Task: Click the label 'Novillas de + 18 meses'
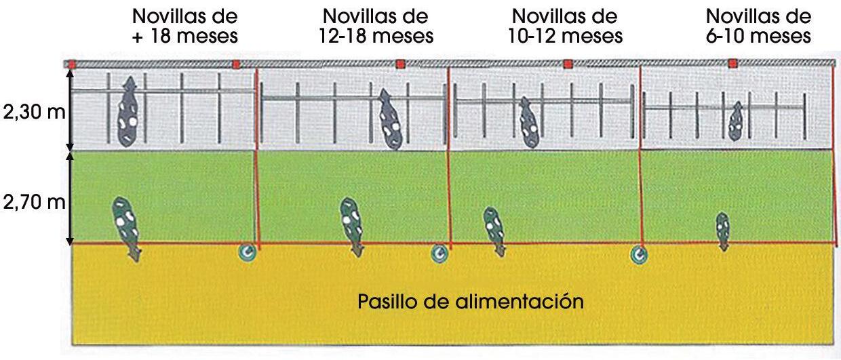[x=186, y=26]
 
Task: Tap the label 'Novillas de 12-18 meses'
[x=376, y=26]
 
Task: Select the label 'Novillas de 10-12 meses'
[x=566, y=26]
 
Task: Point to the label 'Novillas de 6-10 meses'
[x=758, y=26]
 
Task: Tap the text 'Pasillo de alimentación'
[x=471, y=300]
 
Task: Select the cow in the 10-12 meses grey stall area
[x=528, y=122]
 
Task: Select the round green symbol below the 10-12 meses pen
[x=638, y=254]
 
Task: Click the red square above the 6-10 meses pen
[x=732, y=64]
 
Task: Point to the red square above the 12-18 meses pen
[x=400, y=64]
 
